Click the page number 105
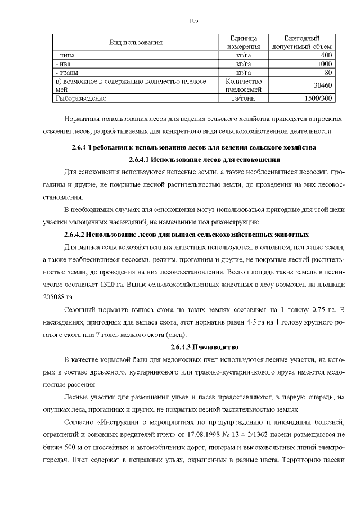(x=193, y=20)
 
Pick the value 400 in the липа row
(x=326, y=55)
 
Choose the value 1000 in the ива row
(x=324, y=64)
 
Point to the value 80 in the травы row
(x=328, y=73)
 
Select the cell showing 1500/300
(x=318, y=98)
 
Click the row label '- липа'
(x=65, y=55)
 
